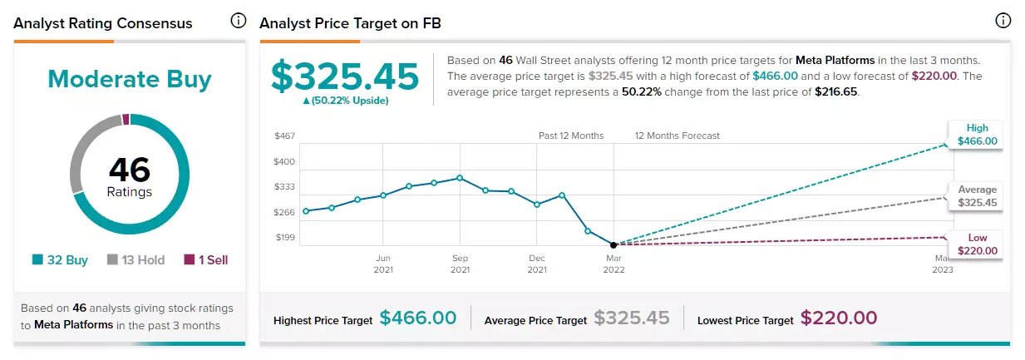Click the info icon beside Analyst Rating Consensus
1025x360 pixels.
click(238, 21)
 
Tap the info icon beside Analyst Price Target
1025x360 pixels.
click(1003, 21)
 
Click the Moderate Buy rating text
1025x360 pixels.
click(130, 79)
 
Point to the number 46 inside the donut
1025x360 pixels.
click(130, 170)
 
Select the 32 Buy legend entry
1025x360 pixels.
click(60, 260)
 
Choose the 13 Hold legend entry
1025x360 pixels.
click(136, 260)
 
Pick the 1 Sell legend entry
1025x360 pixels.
click(206, 260)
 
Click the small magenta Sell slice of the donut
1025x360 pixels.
click(126, 119)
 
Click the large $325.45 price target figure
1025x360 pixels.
click(345, 76)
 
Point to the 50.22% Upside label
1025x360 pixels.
click(346, 101)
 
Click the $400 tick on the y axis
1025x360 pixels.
click(284, 161)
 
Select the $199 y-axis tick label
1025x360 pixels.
click(285, 238)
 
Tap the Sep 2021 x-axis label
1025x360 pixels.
click(460, 264)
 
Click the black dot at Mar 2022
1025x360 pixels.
click(614, 244)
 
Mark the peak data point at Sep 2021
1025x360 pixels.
click(460, 178)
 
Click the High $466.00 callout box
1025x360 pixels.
click(976, 135)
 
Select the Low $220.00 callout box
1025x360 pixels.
click(976, 244)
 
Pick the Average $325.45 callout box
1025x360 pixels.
click(976, 196)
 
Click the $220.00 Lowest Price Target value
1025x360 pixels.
click(839, 318)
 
